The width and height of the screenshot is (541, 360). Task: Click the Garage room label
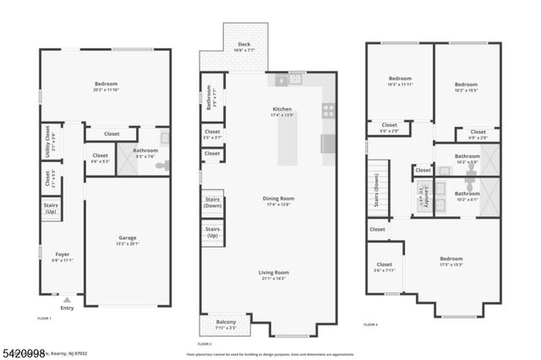point(128,240)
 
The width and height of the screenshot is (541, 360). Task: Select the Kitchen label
point(281,111)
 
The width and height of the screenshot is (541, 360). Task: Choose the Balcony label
point(226,325)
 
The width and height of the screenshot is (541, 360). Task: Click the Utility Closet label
point(47,140)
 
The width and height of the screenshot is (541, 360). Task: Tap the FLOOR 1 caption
point(45,318)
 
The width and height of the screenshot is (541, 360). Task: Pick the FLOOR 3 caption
point(370,325)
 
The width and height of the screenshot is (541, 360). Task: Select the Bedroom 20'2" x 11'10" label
point(105,87)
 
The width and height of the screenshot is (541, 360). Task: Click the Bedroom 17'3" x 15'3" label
point(451,261)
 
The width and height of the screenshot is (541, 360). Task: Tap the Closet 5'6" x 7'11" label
point(385,267)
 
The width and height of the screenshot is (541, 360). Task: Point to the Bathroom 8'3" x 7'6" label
point(150,153)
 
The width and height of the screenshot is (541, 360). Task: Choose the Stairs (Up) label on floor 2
point(212,233)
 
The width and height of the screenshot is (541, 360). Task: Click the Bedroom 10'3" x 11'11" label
point(400,81)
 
